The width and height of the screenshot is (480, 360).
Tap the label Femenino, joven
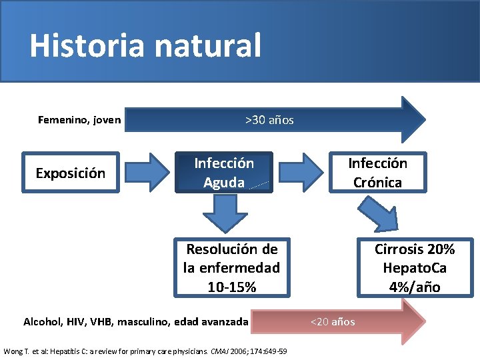click(79, 120)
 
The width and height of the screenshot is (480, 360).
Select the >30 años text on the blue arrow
click(269, 120)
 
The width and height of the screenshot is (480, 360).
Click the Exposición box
click(70, 173)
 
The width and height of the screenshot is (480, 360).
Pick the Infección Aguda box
click(224, 173)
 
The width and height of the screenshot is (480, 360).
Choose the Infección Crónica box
click(377, 173)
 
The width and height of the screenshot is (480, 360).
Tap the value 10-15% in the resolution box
click(231, 287)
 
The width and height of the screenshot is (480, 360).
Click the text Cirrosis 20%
click(415, 249)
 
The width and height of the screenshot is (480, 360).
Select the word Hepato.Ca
click(415, 268)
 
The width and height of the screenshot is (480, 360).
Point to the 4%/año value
click(415, 287)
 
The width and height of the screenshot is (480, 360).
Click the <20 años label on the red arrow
click(333, 322)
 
